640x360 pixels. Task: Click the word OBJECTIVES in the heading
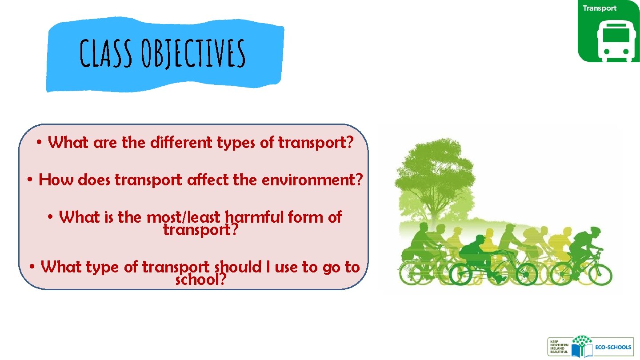[x=192, y=53]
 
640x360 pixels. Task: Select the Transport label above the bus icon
[x=600, y=8]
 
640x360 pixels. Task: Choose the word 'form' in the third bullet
[x=306, y=217]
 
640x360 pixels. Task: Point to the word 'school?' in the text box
[x=201, y=280]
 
